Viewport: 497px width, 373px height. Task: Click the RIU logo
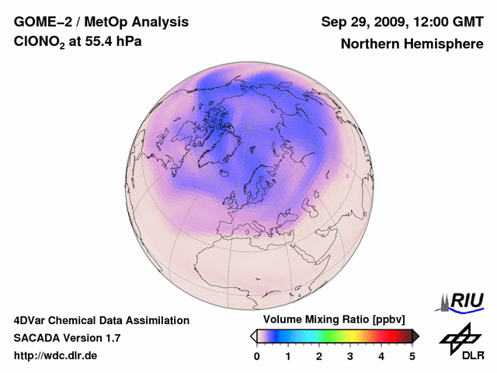click(x=464, y=300)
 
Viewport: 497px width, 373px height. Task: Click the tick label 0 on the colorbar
click(x=257, y=356)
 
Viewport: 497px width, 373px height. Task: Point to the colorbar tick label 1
click(x=288, y=356)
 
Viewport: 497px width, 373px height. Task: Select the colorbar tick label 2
click(x=319, y=356)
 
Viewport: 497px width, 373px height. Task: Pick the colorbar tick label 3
click(x=350, y=356)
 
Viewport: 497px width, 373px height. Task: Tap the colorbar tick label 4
click(x=381, y=356)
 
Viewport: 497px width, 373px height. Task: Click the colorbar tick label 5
click(x=412, y=356)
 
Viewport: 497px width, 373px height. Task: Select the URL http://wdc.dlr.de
click(x=56, y=356)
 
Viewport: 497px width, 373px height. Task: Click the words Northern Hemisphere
click(x=412, y=44)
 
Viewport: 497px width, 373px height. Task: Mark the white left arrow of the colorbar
click(x=253, y=336)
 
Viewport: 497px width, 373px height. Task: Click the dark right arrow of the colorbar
click(x=415, y=336)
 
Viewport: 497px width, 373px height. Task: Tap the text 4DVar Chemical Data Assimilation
click(x=101, y=320)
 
